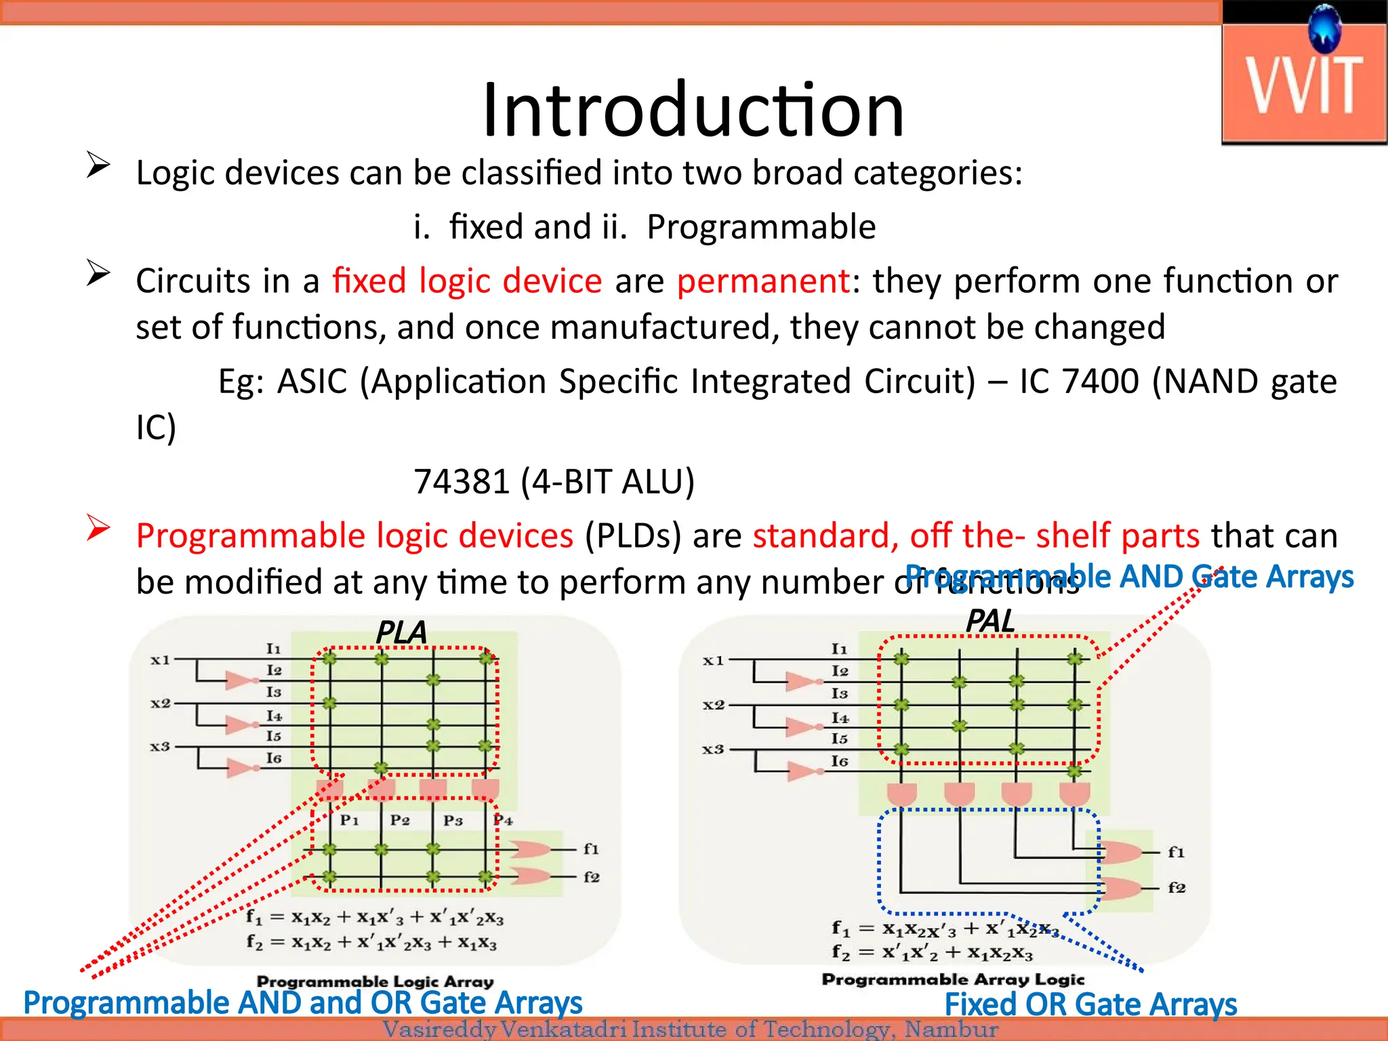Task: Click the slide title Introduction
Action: (693, 110)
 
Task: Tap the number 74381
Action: (461, 482)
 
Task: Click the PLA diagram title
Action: (401, 632)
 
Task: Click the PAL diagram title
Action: (990, 621)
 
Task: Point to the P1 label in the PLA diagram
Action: (349, 820)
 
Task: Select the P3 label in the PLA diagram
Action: (453, 821)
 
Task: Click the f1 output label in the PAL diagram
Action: (1176, 852)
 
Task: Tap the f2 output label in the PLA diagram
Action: (591, 877)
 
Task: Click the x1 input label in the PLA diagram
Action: (160, 659)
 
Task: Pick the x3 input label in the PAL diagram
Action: (713, 749)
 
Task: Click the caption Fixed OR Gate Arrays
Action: (1090, 1004)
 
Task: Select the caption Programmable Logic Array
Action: (375, 981)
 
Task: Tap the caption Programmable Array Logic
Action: (953, 979)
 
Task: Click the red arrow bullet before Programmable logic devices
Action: (98, 528)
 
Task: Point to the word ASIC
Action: (312, 382)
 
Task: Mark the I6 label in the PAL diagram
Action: (840, 761)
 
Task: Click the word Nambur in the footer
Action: (951, 1029)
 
